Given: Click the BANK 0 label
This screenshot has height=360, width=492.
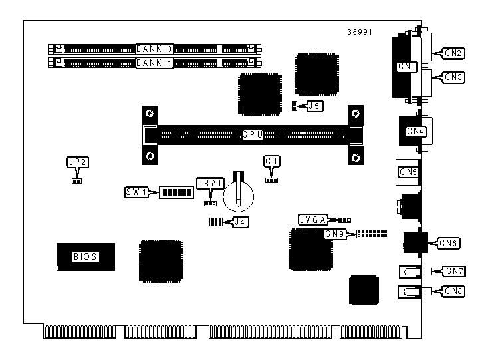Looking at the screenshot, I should tap(155, 49).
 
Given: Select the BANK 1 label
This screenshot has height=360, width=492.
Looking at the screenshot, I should tap(155, 63).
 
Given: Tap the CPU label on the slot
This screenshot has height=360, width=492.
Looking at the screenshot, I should tap(253, 134).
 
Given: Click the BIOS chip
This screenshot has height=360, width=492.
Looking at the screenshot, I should tap(85, 256).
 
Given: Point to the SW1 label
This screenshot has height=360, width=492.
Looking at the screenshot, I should tap(136, 192).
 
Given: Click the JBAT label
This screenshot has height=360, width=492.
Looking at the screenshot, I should tap(208, 183).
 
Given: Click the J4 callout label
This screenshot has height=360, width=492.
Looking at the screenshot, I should tap(240, 222).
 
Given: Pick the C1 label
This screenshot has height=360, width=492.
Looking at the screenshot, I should tap(271, 161).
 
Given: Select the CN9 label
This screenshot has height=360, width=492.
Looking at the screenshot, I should tap(336, 234).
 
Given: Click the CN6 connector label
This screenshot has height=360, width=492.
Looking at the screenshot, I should tap(449, 243).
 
